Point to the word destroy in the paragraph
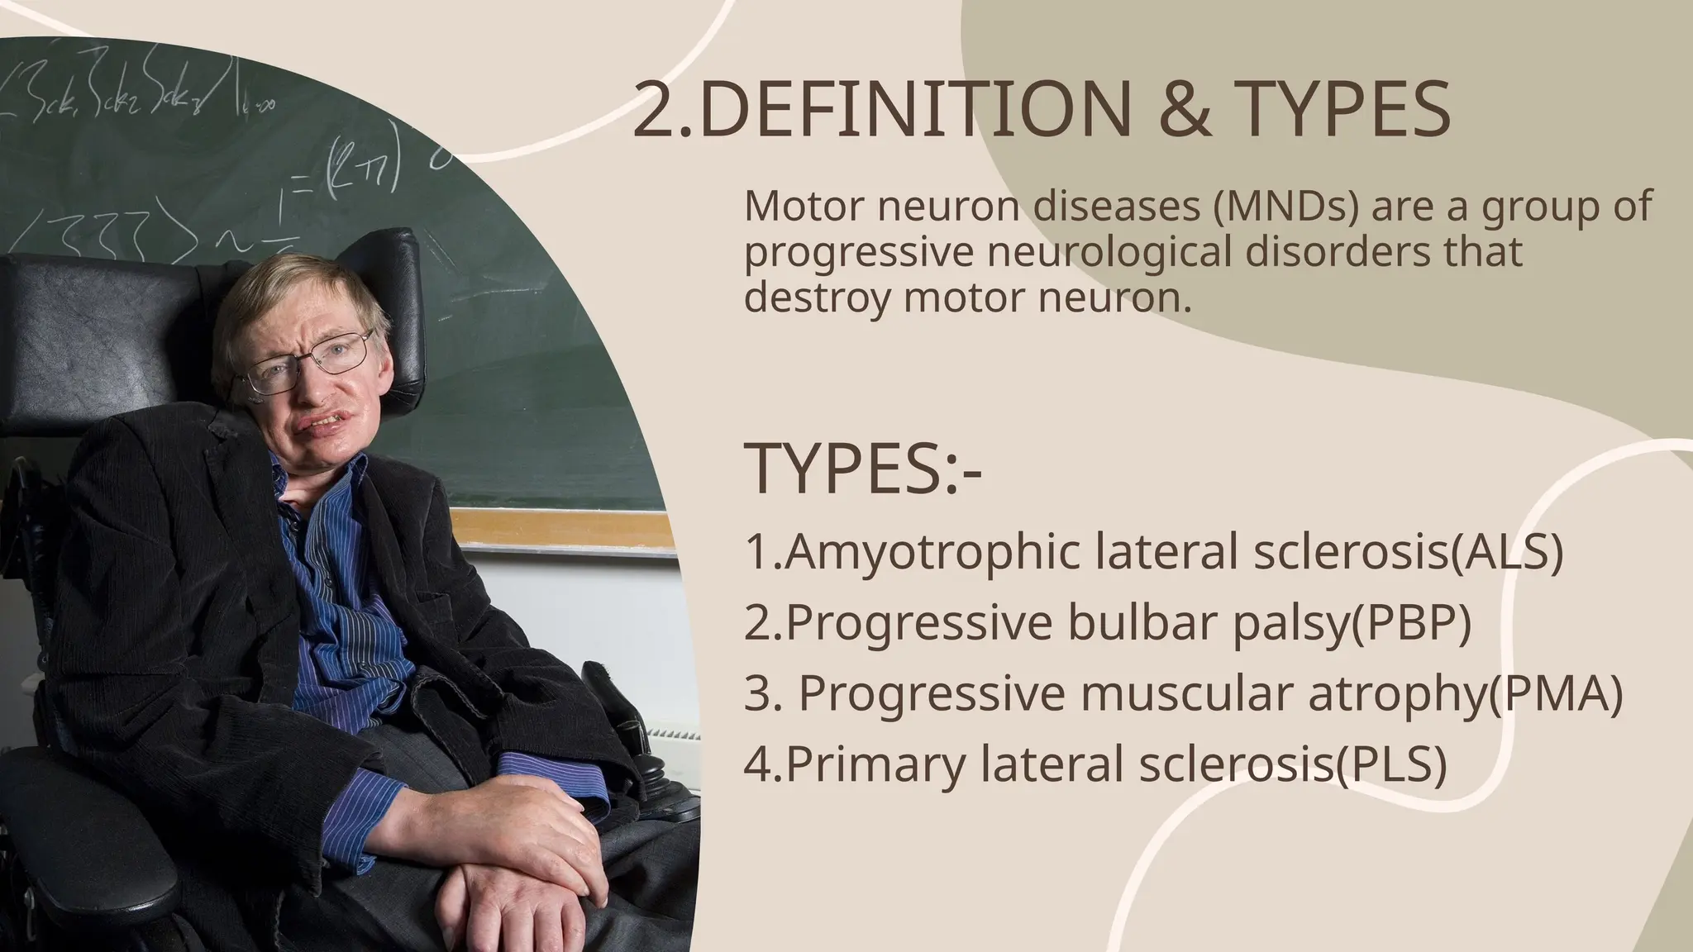818,298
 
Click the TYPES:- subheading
863,469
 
